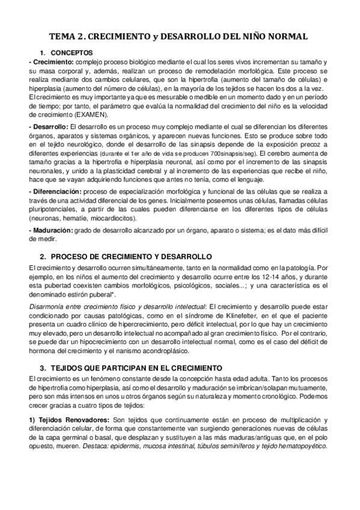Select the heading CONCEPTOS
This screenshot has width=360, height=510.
tap(68, 54)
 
